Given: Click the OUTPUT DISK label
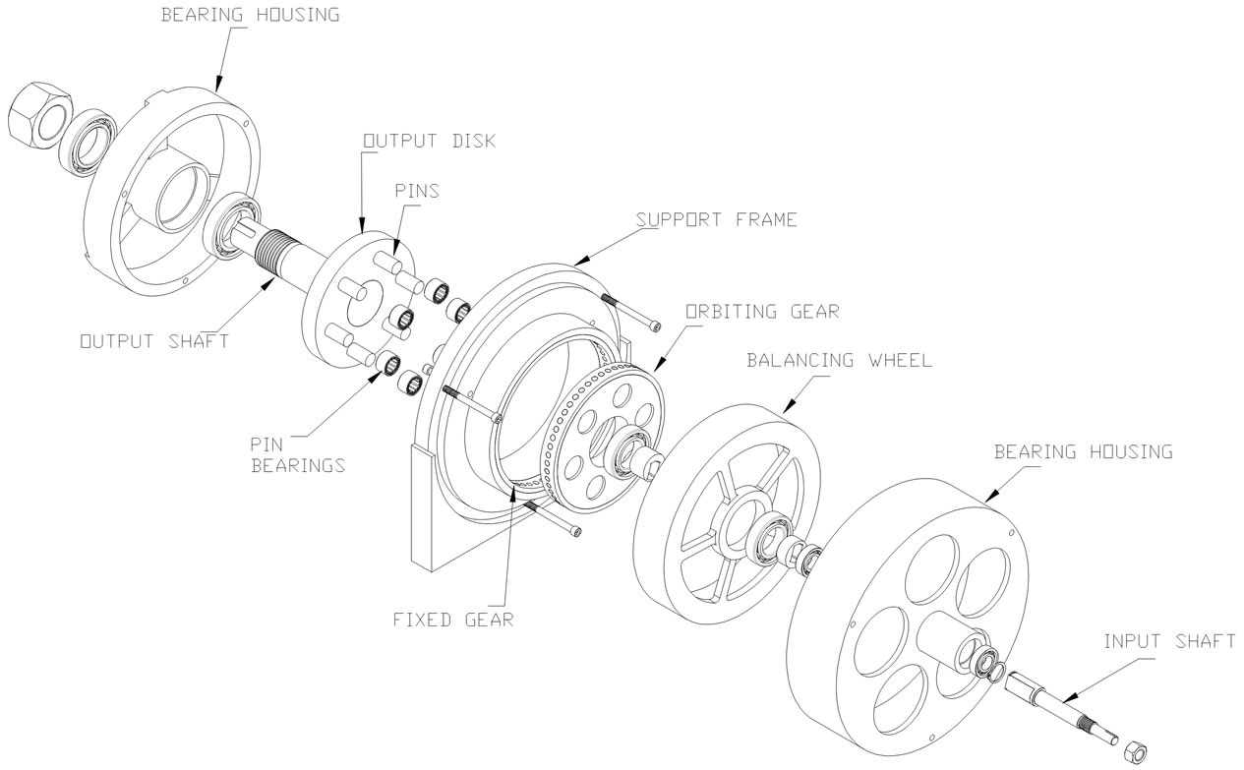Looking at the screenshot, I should (428, 140).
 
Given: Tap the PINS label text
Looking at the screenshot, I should (418, 191).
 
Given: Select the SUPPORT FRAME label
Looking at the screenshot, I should (715, 219).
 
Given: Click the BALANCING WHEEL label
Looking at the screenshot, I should (839, 360).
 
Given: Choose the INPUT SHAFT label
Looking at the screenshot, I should (1168, 641).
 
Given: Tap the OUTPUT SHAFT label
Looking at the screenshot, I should (154, 341).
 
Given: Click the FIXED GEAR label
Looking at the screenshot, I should (452, 621).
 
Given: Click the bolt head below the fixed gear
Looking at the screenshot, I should (575, 532).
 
